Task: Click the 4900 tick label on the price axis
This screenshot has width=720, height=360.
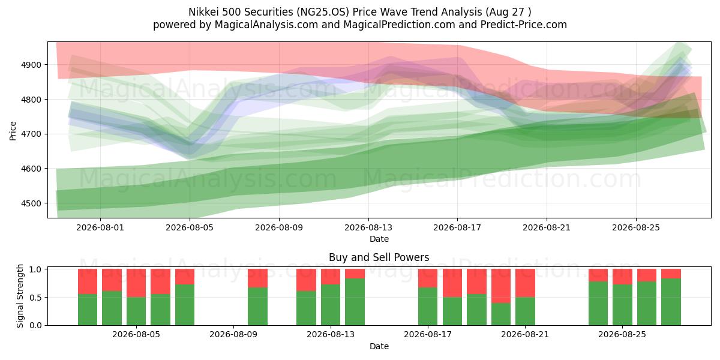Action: point(31,65)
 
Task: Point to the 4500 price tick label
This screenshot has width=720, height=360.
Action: point(31,203)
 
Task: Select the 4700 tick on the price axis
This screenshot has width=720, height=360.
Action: point(31,134)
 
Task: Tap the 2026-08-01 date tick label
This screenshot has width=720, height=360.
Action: point(100,227)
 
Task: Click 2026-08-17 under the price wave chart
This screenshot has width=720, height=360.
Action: point(457,227)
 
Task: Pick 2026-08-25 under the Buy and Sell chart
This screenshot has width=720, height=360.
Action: point(622,334)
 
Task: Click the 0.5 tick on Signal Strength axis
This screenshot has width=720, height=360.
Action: point(35,298)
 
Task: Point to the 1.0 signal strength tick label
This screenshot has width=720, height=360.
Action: point(35,269)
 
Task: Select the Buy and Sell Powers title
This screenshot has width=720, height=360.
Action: point(379,257)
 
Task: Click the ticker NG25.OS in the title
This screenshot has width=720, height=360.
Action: point(323,12)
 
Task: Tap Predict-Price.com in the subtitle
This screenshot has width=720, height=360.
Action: point(524,25)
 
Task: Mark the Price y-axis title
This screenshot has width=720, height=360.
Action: point(13,131)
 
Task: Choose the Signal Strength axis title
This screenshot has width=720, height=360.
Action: point(20,296)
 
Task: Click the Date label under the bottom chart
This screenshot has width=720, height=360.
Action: point(379,346)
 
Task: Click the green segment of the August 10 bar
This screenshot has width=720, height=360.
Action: point(257,307)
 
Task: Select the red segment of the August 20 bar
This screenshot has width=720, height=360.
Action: point(501,286)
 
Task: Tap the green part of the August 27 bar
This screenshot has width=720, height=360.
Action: point(671,302)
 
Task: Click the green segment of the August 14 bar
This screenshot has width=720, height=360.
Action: point(355,302)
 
